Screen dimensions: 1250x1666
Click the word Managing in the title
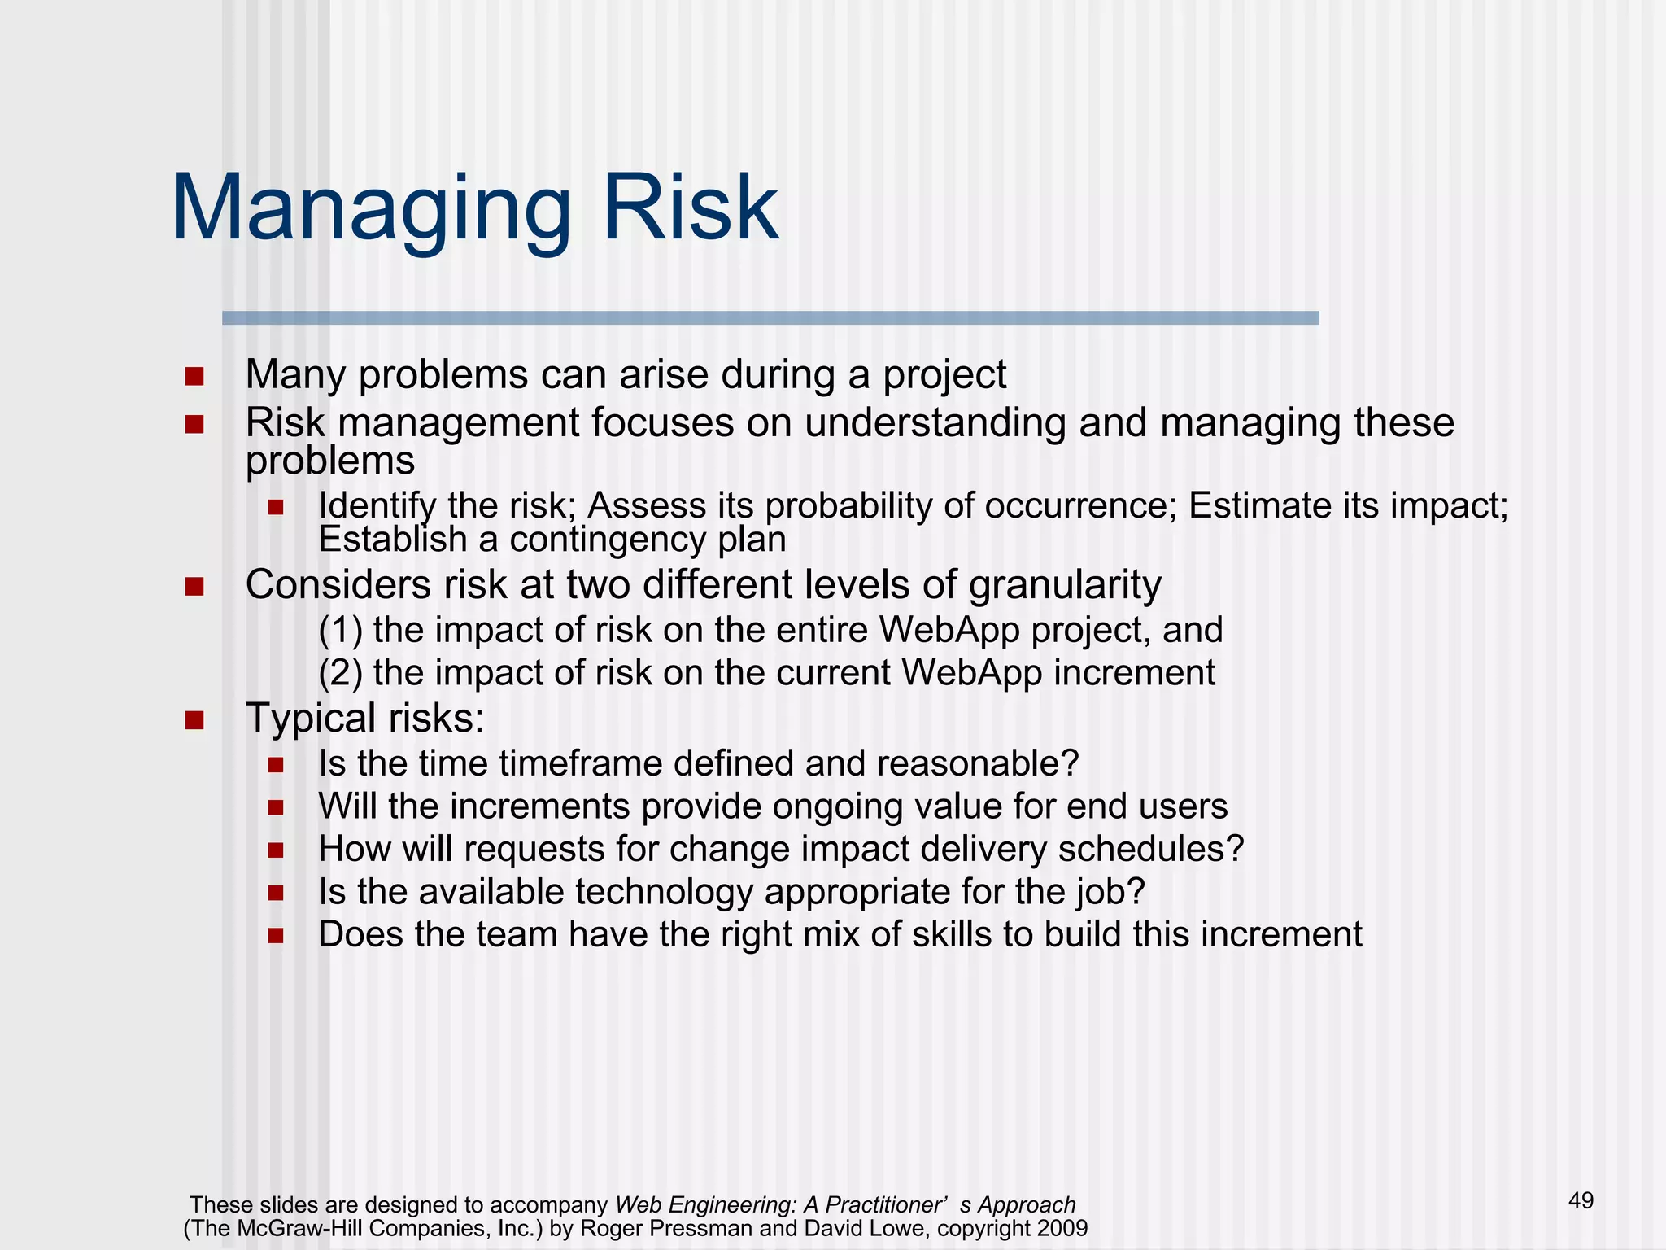(371, 210)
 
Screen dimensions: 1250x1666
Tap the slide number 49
(1581, 1200)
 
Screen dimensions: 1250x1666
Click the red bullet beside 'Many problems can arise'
(194, 377)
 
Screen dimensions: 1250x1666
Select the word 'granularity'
(1065, 586)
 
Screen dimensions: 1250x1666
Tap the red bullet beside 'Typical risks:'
(194, 720)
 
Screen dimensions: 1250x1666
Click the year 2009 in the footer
(1062, 1228)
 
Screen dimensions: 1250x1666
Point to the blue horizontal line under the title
(770, 318)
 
